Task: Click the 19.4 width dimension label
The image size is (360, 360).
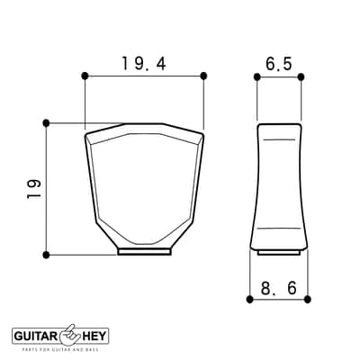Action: [x=144, y=64]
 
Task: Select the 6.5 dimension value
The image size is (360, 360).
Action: [x=279, y=64]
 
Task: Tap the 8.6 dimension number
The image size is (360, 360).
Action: [x=279, y=288]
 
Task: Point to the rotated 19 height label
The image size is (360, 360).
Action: [x=33, y=189]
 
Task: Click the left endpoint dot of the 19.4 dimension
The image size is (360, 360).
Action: [x=85, y=76]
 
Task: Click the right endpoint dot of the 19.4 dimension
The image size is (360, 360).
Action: [x=203, y=76]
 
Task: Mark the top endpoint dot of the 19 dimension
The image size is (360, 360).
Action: [x=46, y=122]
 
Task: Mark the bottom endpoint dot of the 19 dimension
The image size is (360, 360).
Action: [x=46, y=255]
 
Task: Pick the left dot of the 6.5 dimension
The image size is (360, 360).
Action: [x=256, y=77]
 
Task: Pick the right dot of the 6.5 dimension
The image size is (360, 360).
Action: [x=301, y=77]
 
